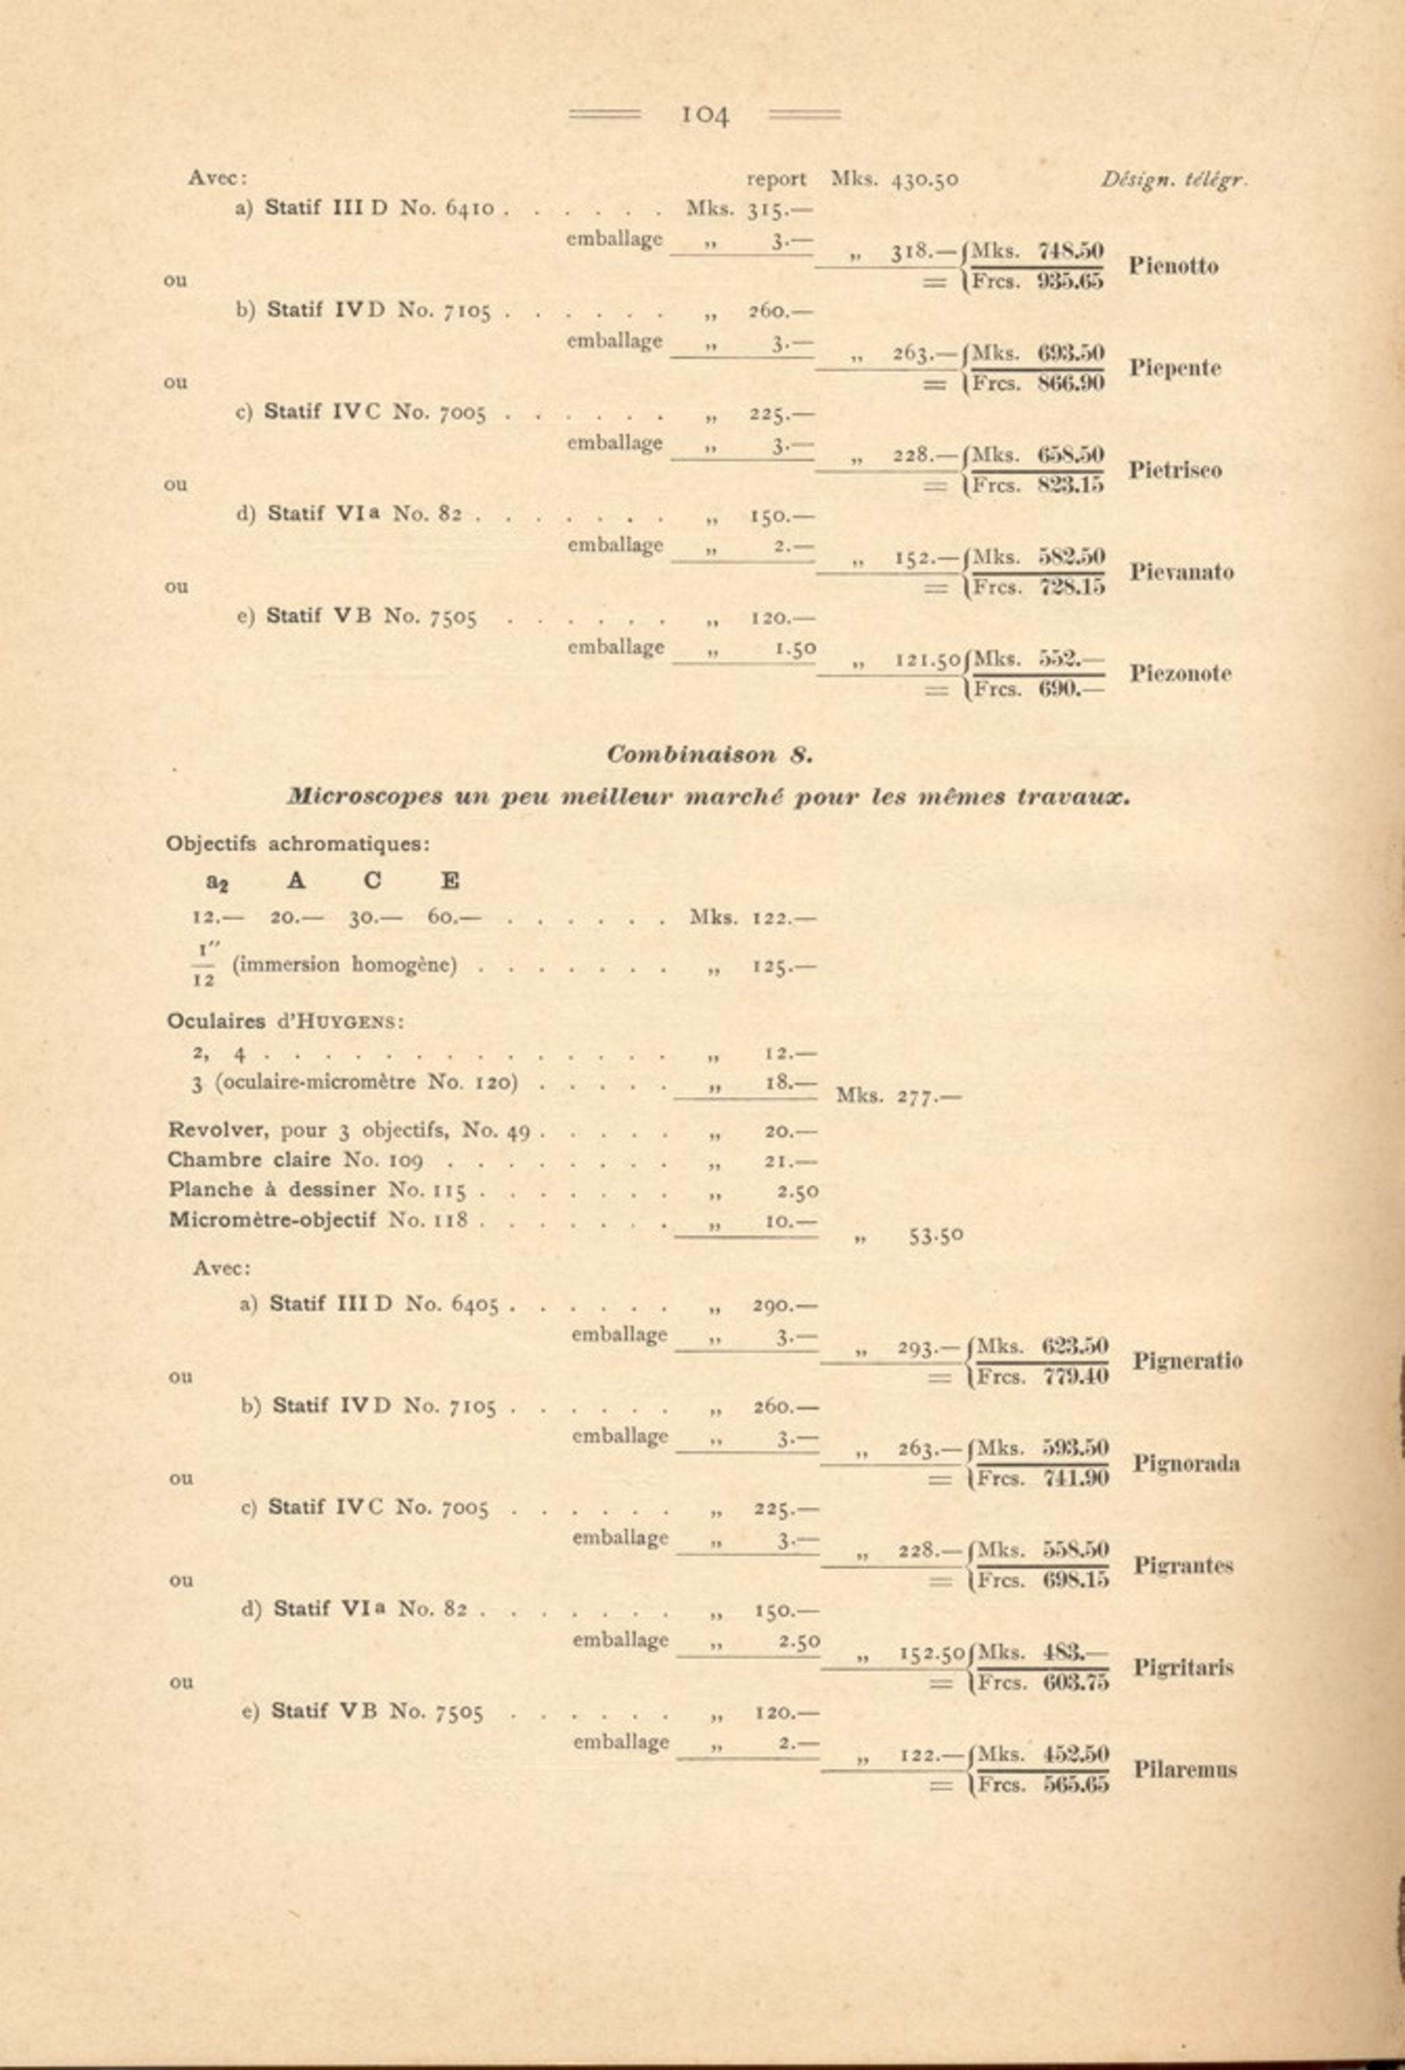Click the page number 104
tap(705, 115)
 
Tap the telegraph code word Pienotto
tap(1173, 266)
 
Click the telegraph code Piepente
tap(1174, 368)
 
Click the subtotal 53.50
tap(935, 1236)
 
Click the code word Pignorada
tap(1186, 1464)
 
